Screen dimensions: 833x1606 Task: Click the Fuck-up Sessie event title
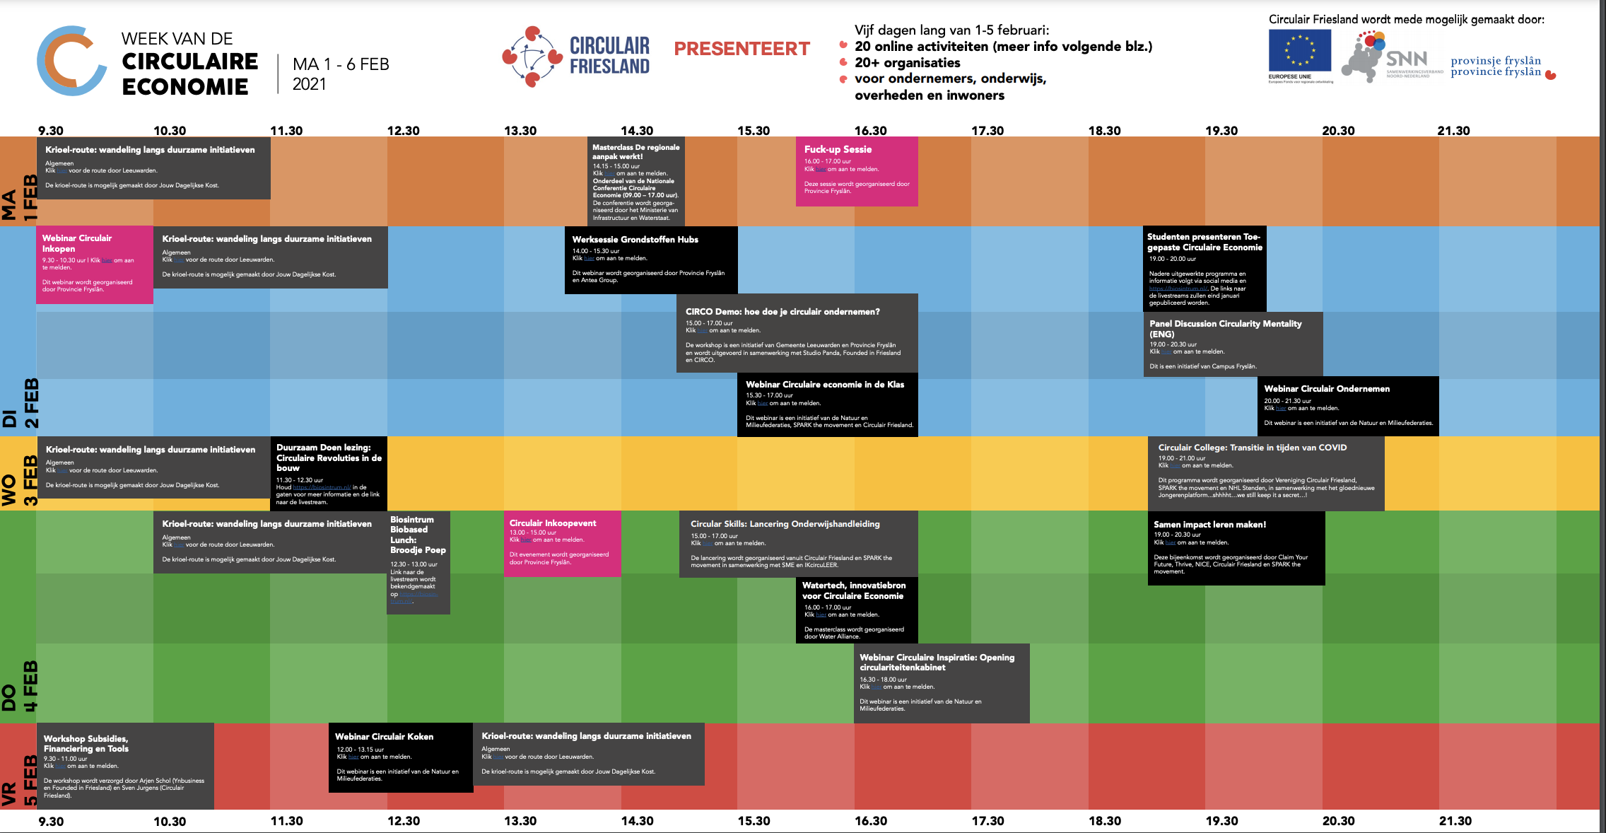[x=838, y=149]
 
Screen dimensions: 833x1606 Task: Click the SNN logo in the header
[x=1406, y=59]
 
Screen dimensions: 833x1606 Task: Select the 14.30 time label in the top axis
[x=637, y=131]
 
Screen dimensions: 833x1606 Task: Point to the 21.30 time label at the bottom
[x=1455, y=821]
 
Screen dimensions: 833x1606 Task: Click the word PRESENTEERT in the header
[x=742, y=49]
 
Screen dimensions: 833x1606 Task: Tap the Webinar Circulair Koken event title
[x=384, y=736]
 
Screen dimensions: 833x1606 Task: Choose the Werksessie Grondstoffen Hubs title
[x=635, y=240]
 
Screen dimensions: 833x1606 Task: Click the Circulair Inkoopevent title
[x=553, y=523]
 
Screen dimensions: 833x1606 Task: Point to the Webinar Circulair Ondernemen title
[x=1327, y=389]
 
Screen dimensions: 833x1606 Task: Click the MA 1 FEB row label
[x=19, y=197]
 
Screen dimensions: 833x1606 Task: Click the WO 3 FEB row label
[x=19, y=481]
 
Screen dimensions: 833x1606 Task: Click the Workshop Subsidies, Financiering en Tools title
[x=86, y=744]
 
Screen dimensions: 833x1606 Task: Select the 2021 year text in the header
[x=310, y=84]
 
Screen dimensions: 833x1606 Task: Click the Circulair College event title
[x=1252, y=448]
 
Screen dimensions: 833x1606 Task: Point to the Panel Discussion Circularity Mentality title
[x=1225, y=329]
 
